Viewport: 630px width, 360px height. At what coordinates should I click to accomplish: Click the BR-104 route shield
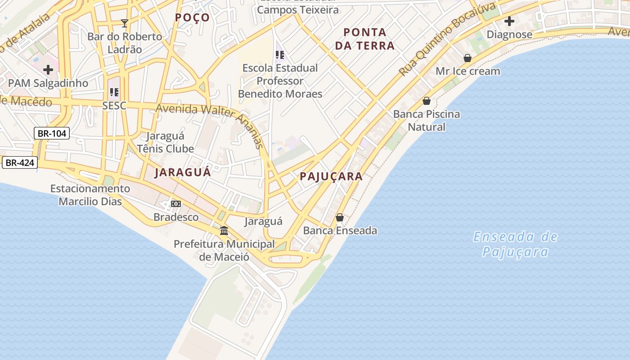[52, 133]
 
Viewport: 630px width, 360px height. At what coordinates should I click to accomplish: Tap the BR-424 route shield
[20, 162]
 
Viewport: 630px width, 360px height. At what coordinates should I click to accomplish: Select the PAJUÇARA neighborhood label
[331, 176]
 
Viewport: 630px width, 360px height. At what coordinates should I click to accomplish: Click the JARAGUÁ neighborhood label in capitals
[182, 172]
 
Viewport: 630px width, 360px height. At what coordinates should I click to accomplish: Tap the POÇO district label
[192, 18]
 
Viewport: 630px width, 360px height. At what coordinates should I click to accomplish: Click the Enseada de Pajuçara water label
[515, 244]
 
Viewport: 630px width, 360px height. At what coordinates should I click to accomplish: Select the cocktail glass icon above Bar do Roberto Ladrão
[125, 23]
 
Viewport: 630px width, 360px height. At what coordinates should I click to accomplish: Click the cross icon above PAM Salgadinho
[48, 70]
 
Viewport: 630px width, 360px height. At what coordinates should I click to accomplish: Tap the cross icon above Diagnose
[509, 21]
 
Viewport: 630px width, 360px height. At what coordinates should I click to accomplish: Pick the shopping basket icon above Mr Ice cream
[468, 58]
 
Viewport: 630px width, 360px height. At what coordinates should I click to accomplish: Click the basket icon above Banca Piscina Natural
[427, 101]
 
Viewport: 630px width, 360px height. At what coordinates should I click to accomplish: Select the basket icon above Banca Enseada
[340, 217]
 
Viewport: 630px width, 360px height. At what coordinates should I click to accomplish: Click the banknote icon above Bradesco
[176, 204]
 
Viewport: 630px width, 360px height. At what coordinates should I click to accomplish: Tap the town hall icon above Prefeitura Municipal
[224, 231]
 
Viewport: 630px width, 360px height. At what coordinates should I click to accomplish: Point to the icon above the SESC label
[114, 92]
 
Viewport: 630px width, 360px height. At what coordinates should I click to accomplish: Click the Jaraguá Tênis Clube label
[165, 142]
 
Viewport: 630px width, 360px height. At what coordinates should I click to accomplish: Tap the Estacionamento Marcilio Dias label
[90, 195]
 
